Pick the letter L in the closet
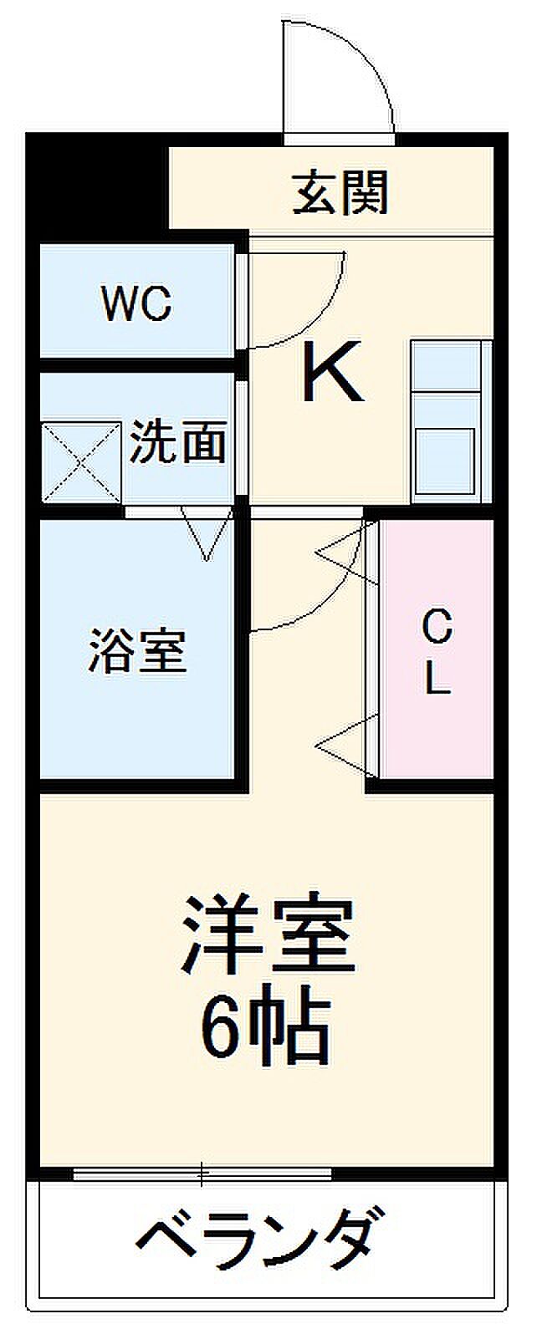[436, 680]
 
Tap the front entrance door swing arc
[351, 75]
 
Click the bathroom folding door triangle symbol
[206, 536]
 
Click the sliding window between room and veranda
[202, 1174]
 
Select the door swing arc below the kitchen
[318, 585]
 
